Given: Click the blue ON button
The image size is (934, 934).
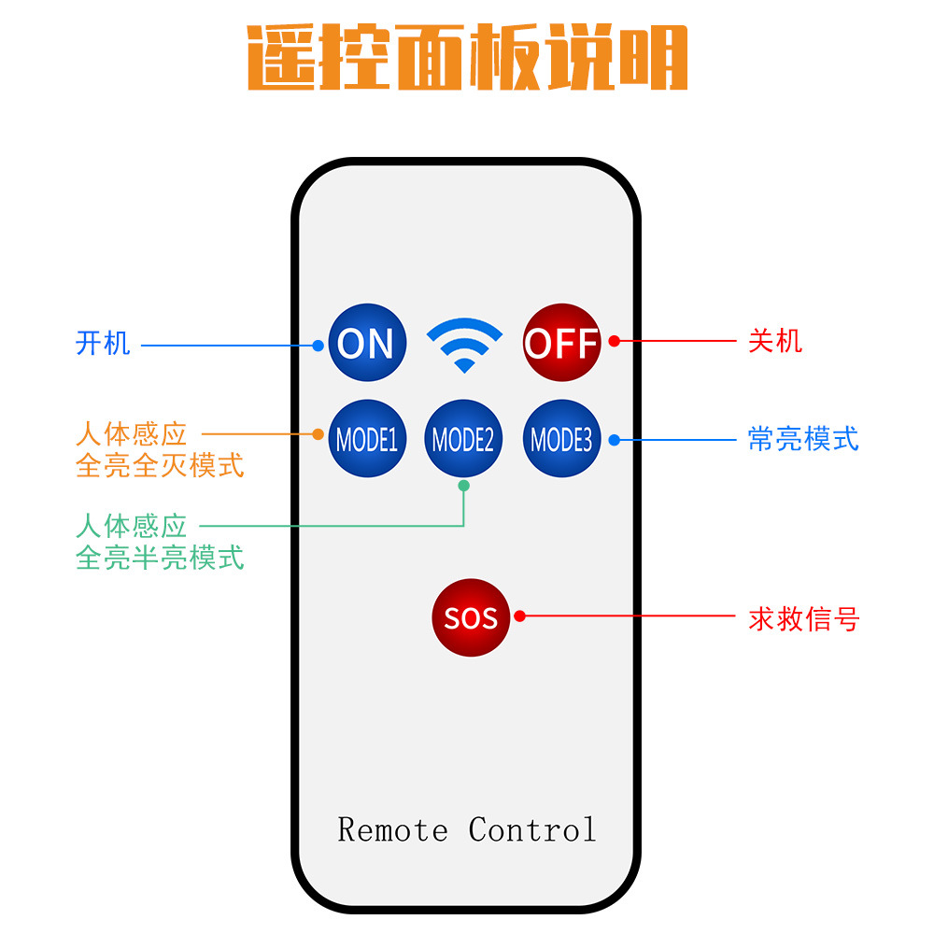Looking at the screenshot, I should pyautogui.click(x=367, y=343).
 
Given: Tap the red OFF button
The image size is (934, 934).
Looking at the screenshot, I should pyautogui.click(x=561, y=343).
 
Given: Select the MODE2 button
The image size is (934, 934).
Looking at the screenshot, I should pyautogui.click(x=463, y=439).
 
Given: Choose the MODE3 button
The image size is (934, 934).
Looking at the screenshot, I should pyautogui.click(x=561, y=439).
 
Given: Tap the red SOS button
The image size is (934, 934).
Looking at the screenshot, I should pyautogui.click(x=471, y=617).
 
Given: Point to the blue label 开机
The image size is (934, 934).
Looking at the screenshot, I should pyautogui.click(x=103, y=343).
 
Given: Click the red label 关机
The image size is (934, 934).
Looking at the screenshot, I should pyautogui.click(x=775, y=340).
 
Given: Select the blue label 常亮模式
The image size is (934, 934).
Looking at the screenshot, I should pyautogui.click(x=803, y=439).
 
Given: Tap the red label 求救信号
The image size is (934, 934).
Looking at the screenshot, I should pyautogui.click(x=803, y=618).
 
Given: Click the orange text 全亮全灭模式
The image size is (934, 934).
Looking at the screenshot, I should pyautogui.click(x=160, y=465).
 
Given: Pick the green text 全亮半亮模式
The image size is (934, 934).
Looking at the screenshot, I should pyautogui.click(x=160, y=558).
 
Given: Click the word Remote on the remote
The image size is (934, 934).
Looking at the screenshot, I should pyautogui.click(x=392, y=829).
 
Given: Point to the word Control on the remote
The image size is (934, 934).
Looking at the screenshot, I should pyautogui.click(x=532, y=829).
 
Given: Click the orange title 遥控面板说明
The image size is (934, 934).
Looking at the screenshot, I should pyautogui.click(x=467, y=58).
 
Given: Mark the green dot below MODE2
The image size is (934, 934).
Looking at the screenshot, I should pyautogui.click(x=464, y=486).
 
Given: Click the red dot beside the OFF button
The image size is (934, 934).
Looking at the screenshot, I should pyautogui.click(x=614, y=341).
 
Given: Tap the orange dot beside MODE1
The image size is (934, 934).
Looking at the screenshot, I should pyautogui.click(x=318, y=434).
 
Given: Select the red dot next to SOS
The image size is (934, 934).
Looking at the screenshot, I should pyautogui.click(x=520, y=616).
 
